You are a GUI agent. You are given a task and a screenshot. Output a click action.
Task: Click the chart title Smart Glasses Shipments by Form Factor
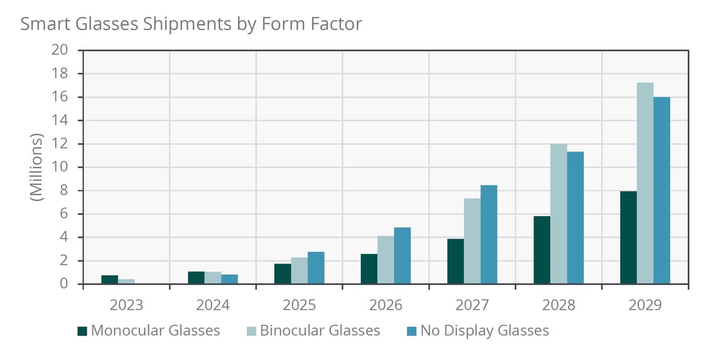pos(191,24)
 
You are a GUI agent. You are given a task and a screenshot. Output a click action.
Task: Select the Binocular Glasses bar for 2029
pos(645,183)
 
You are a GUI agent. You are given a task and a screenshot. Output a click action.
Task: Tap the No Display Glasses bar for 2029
pos(662,190)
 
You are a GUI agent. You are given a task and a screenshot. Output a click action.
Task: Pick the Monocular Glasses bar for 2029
pos(628,237)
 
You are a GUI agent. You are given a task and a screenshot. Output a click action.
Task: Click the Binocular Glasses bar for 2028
pos(558,214)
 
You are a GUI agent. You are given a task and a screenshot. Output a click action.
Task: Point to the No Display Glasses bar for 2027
pos(488,234)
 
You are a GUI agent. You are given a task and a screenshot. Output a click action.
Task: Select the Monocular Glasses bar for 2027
pos(455,261)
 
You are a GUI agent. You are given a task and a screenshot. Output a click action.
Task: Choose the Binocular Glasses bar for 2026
pos(385,260)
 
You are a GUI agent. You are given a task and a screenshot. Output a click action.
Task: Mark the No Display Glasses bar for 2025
pos(316,268)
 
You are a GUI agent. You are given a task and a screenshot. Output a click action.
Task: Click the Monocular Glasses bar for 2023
pos(110,280)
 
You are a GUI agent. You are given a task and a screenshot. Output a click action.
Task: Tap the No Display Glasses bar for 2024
pos(229,279)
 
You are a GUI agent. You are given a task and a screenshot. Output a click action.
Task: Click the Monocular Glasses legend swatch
pos(82,330)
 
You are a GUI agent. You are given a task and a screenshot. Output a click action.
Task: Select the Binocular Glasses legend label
pos(320,330)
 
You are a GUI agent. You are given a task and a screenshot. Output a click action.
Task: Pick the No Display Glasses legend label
pos(484,330)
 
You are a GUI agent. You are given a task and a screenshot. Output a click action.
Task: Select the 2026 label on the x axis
pos(385,305)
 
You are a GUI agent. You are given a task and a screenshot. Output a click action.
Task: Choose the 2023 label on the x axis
pos(126,305)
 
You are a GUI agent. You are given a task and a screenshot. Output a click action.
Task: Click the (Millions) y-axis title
pos(37,167)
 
